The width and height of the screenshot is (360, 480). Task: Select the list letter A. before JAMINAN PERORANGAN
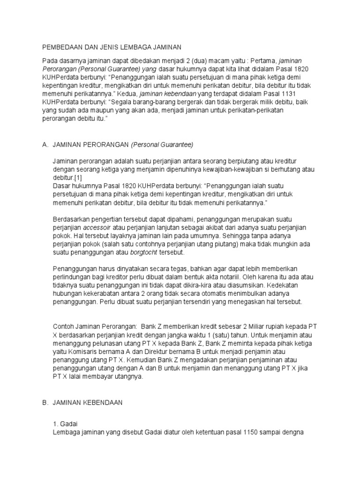point(45,144)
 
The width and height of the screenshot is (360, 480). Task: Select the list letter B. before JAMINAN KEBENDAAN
point(45,402)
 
